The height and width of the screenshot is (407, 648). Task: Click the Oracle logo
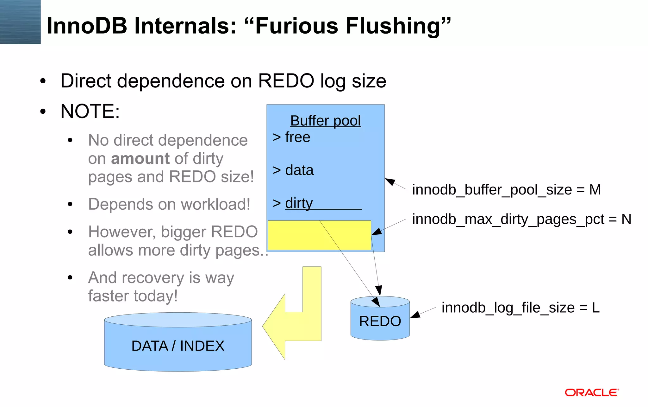click(592, 392)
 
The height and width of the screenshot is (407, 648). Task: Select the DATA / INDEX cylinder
click(178, 346)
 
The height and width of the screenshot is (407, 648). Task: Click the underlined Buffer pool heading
click(325, 121)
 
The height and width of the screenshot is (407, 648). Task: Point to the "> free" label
click(291, 137)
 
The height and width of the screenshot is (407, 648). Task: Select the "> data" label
click(293, 170)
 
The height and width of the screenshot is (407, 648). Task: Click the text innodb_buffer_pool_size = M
click(506, 190)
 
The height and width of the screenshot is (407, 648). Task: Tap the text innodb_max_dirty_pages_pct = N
click(521, 219)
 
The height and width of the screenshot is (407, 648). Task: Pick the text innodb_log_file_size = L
click(520, 308)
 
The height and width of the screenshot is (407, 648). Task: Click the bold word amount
click(140, 158)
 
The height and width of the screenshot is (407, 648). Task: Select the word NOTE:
click(90, 111)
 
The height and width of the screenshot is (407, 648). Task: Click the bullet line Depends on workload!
click(169, 204)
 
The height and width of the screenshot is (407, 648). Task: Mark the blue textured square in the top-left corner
click(20, 22)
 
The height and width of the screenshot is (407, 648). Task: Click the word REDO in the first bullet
click(286, 81)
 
